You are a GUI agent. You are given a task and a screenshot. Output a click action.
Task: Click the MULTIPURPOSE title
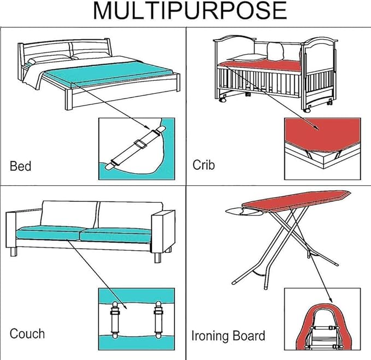pyautogui.click(x=190, y=11)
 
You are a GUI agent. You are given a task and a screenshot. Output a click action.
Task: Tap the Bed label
pyautogui.click(x=21, y=166)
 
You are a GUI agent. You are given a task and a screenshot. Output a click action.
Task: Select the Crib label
pyautogui.click(x=203, y=164)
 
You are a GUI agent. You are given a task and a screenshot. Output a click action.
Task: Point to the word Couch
pyautogui.click(x=27, y=334)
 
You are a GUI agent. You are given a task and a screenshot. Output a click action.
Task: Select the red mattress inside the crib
pyautogui.click(x=260, y=65)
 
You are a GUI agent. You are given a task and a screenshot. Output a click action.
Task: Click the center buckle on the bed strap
pyautogui.click(x=140, y=144)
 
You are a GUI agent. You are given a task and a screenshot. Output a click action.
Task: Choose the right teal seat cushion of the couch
pyautogui.click(x=116, y=235)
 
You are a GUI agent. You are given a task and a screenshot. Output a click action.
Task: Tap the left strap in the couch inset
pyautogui.click(x=115, y=320)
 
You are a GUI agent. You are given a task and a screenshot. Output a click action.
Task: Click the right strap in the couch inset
pyautogui.click(x=158, y=320)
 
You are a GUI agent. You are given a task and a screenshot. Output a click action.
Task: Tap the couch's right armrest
pyautogui.click(x=163, y=231)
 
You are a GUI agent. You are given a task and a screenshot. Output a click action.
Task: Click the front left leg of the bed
pyautogui.click(x=68, y=99)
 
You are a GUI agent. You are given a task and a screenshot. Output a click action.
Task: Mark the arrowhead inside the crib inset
pyautogui.click(x=316, y=127)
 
